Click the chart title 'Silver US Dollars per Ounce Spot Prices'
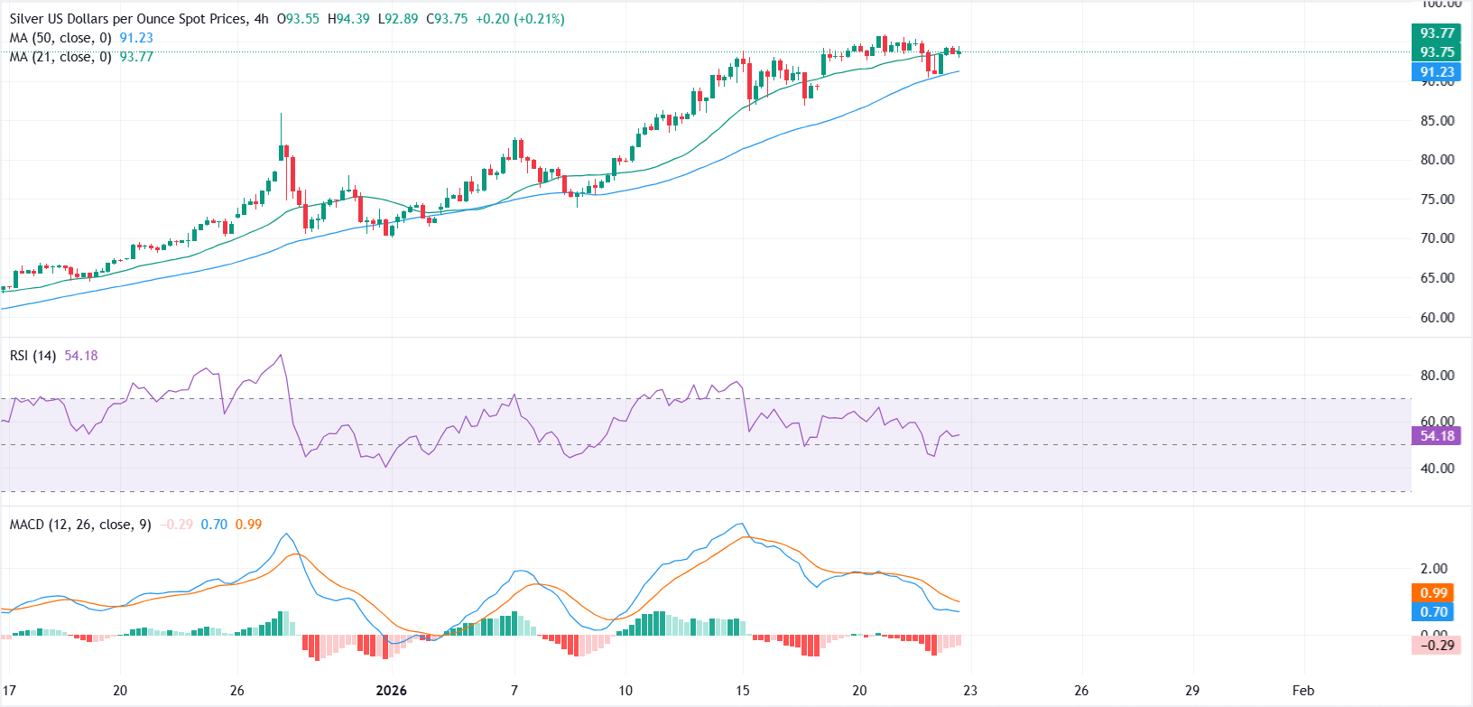tap(126, 19)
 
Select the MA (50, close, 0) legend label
tap(60, 38)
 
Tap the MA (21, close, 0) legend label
tap(60, 57)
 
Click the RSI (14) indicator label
tap(32, 356)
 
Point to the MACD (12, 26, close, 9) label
tap(80, 525)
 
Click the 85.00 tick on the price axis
tap(1437, 121)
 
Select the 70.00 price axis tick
tap(1437, 238)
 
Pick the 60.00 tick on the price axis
tap(1437, 318)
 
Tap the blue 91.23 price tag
tap(1436, 72)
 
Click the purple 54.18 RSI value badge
tap(1436, 436)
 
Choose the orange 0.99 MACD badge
tap(1433, 593)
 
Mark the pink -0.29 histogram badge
tap(1436, 645)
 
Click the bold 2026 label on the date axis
tap(391, 691)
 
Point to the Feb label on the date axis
tap(1302, 691)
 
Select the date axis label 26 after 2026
tap(1081, 691)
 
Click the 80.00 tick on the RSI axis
tap(1437, 376)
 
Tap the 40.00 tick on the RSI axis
tap(1437, 469)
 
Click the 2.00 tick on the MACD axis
tap(1433, 569)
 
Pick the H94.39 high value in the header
tap(347, 19)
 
